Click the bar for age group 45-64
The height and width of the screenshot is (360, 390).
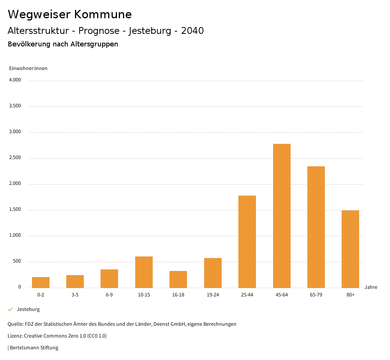coord(282,216)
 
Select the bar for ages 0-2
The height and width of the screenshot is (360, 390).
coord(41,282)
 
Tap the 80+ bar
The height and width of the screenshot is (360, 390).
coord(350,249)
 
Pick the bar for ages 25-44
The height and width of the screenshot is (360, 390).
coord(247,242)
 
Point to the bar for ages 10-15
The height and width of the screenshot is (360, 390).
coord(144,272)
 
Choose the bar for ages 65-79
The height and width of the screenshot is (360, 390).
coord(316,227)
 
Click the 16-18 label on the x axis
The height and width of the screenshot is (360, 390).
coord(178,295)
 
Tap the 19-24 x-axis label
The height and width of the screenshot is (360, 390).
coord(213,295)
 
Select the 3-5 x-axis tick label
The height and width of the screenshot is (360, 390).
coord(75,295)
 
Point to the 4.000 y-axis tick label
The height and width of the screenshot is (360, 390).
coord(15,80)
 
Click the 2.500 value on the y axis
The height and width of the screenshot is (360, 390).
coord(15,158)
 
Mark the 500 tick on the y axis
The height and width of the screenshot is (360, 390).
coord(17,261)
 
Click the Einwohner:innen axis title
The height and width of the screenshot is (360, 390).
coord(28,68)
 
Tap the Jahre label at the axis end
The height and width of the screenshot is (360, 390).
coord(371,287)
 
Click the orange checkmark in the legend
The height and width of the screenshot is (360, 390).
coord(10,309)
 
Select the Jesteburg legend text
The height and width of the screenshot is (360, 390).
coord(28,309)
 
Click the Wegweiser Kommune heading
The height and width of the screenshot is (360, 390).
coord(70,14)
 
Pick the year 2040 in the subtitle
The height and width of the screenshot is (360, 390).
coord(192,31)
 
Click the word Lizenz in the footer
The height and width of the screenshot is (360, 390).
coord(15,336)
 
